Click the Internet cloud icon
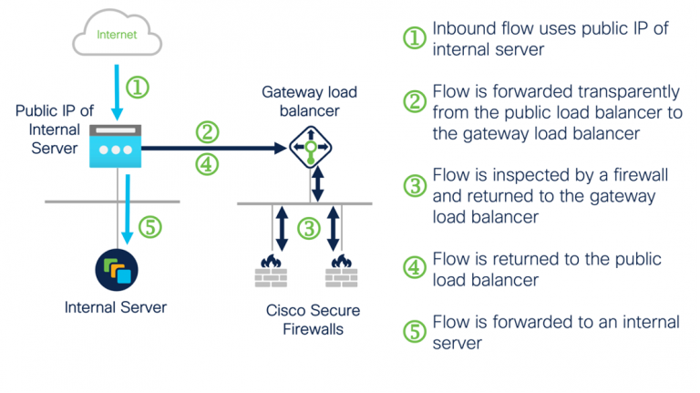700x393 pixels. tap(116, 36)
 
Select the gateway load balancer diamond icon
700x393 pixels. tap(311, 147)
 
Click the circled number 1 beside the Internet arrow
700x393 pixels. tap(137, 88)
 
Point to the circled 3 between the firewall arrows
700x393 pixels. tap(309, 228)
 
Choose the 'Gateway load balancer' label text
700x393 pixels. tap(310, 101)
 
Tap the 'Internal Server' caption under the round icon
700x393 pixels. tap(116, 307)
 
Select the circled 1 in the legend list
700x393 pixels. tap(415, 37)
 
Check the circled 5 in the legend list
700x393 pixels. tap(415, 331)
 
